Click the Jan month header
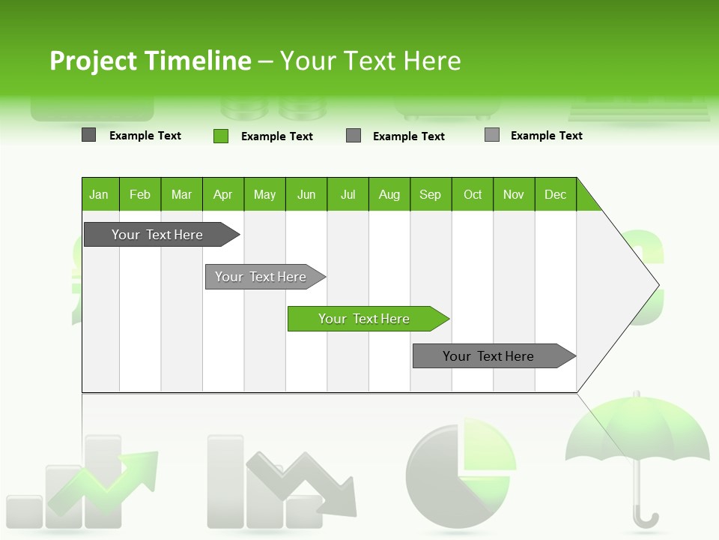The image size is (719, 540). pos(100,194)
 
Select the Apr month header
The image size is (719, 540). pos(223,194)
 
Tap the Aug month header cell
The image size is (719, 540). pos(389,194)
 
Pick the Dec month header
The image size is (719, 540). pos(556,194)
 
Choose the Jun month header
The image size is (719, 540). pos(306,194)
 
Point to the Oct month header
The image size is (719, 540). pos(473,194)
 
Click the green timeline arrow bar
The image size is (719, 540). pos(368,319)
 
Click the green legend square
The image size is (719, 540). pos(221,136)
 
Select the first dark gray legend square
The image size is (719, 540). pos(89,135)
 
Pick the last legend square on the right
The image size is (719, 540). pos(492,135)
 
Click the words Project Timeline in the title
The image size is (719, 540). pos(151,61)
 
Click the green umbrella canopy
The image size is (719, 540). pos(637,431)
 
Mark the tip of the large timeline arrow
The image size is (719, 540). pos(658,285)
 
